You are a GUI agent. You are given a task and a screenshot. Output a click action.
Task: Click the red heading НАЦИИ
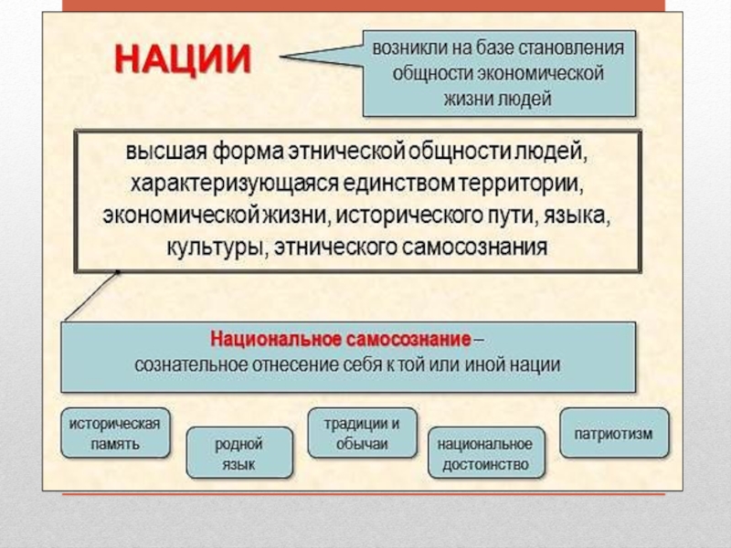182,61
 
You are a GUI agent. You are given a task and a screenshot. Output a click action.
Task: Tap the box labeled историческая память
115,433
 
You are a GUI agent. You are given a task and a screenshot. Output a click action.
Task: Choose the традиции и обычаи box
362,433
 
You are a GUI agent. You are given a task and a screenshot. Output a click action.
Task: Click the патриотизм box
613,433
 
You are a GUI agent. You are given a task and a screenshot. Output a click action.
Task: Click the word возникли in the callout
411,47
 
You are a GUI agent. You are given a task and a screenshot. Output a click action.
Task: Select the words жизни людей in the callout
499,99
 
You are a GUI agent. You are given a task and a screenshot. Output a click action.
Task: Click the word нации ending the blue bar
535,364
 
